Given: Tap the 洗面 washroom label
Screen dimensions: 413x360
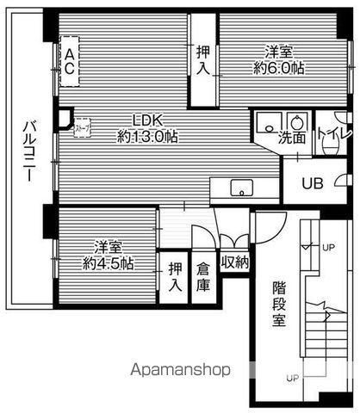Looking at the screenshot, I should click(291, 138).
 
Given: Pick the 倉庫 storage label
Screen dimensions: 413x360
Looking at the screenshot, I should click(203, 276).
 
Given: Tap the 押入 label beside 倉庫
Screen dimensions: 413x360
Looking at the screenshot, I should click(175, 276).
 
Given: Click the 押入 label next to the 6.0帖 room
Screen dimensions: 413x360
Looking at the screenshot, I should click(203, 61).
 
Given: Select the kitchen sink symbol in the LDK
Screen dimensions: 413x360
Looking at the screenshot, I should click(241, 188).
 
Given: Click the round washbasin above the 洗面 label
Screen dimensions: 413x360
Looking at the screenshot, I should click(297, 119).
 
